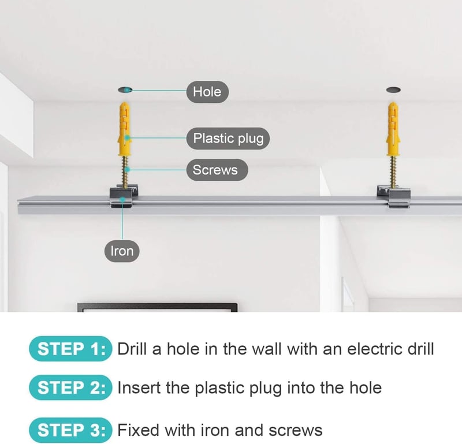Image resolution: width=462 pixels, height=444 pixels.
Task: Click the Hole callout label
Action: click(207, 92)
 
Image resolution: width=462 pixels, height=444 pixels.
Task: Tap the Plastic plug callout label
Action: click(228, 138)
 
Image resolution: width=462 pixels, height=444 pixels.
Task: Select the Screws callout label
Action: click(217, 170)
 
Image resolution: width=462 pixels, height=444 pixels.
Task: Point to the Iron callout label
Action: click(122, 251)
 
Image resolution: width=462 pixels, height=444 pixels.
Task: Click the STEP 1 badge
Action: click(70, 349)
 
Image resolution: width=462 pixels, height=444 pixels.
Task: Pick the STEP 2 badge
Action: click(70, 387)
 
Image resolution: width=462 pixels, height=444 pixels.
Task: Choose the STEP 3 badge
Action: click(70, 430)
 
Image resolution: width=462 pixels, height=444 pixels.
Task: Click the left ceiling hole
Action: click(125, 90)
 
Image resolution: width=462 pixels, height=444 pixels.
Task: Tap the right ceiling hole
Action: click(393, 89)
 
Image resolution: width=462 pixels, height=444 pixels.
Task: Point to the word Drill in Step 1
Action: click(132, 349)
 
